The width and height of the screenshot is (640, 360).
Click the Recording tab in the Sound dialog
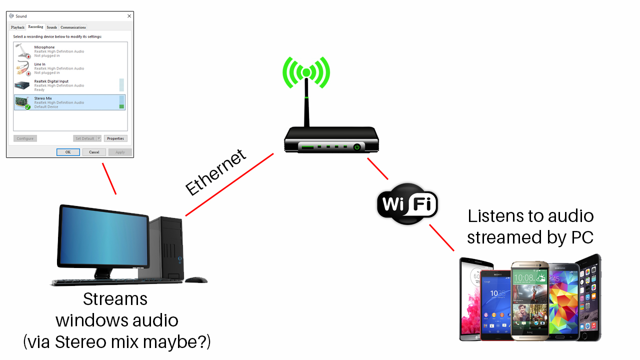[35, 27]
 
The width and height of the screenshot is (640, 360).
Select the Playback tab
[17, 27]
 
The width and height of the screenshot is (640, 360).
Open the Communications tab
[73, 27]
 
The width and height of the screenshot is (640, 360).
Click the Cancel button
[94, 152]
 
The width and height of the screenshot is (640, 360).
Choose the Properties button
[115, 138]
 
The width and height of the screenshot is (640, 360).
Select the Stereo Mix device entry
[69, 102]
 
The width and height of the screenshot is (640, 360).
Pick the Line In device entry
[69, 68]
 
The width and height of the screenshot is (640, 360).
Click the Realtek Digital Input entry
[69, 85]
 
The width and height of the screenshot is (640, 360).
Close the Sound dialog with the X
[129, 16]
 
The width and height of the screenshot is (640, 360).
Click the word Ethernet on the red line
[216, 172]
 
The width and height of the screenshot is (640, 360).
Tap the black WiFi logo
[407, 203]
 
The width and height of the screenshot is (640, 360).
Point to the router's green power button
[356, 147]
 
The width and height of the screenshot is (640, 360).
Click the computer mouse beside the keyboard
[196, 280]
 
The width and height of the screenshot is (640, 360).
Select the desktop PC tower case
[165, 247]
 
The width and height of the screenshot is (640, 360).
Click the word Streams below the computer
[115, 299]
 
